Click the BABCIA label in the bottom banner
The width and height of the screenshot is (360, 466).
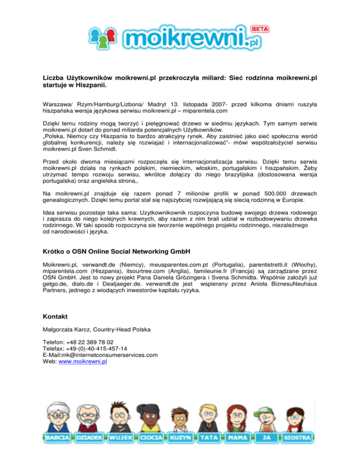pyautogui.click(x=59, y=437)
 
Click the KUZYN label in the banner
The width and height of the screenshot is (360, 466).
pyautogui.click(x=180, y=437)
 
